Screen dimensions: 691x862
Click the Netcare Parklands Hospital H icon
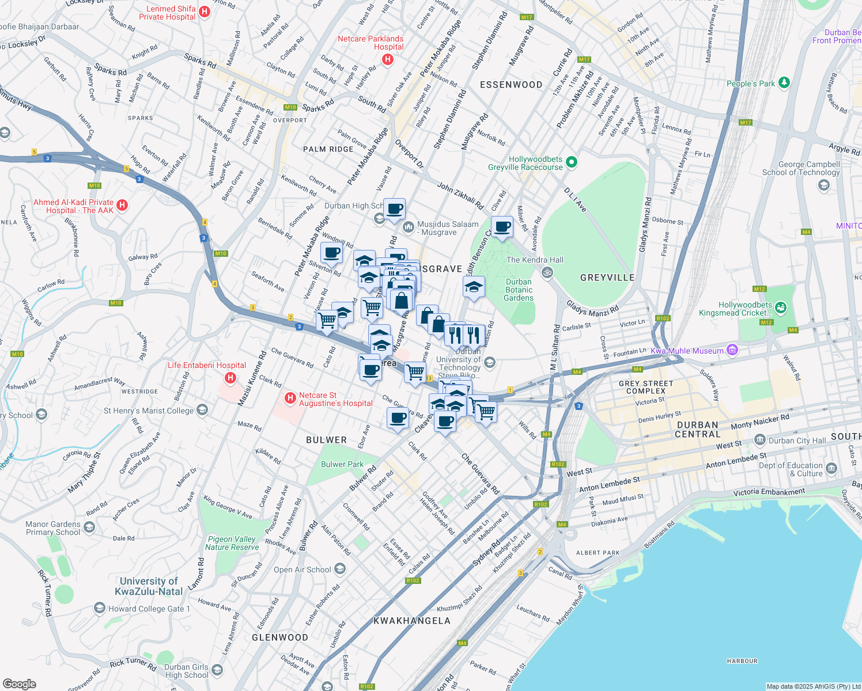(388, 59)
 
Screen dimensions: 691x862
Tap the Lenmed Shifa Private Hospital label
(167, 13)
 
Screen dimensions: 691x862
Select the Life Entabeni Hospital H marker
(230, 378)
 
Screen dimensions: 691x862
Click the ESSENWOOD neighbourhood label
(511, 85)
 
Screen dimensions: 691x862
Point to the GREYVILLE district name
(607, 278)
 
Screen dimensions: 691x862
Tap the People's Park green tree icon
(784, 83)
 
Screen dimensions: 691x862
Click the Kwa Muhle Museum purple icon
(732, 350)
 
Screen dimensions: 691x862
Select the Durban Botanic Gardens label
(519, 290)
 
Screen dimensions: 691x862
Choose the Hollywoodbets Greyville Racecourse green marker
(572, 162)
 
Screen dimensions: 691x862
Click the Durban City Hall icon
(760, 441)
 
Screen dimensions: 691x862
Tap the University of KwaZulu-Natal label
(149, 586)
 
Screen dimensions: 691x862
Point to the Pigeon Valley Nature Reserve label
(232, 543)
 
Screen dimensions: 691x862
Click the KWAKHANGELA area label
(412, 621)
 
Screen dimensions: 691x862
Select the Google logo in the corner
(19, 684)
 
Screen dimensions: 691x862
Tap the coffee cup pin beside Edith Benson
(502, 227)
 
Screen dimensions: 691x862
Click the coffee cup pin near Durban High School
(395, 209)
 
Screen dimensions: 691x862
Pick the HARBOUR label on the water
(742, 661)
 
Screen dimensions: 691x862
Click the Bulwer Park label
(342, 464)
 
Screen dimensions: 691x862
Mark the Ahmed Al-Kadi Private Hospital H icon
(122, 205)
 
